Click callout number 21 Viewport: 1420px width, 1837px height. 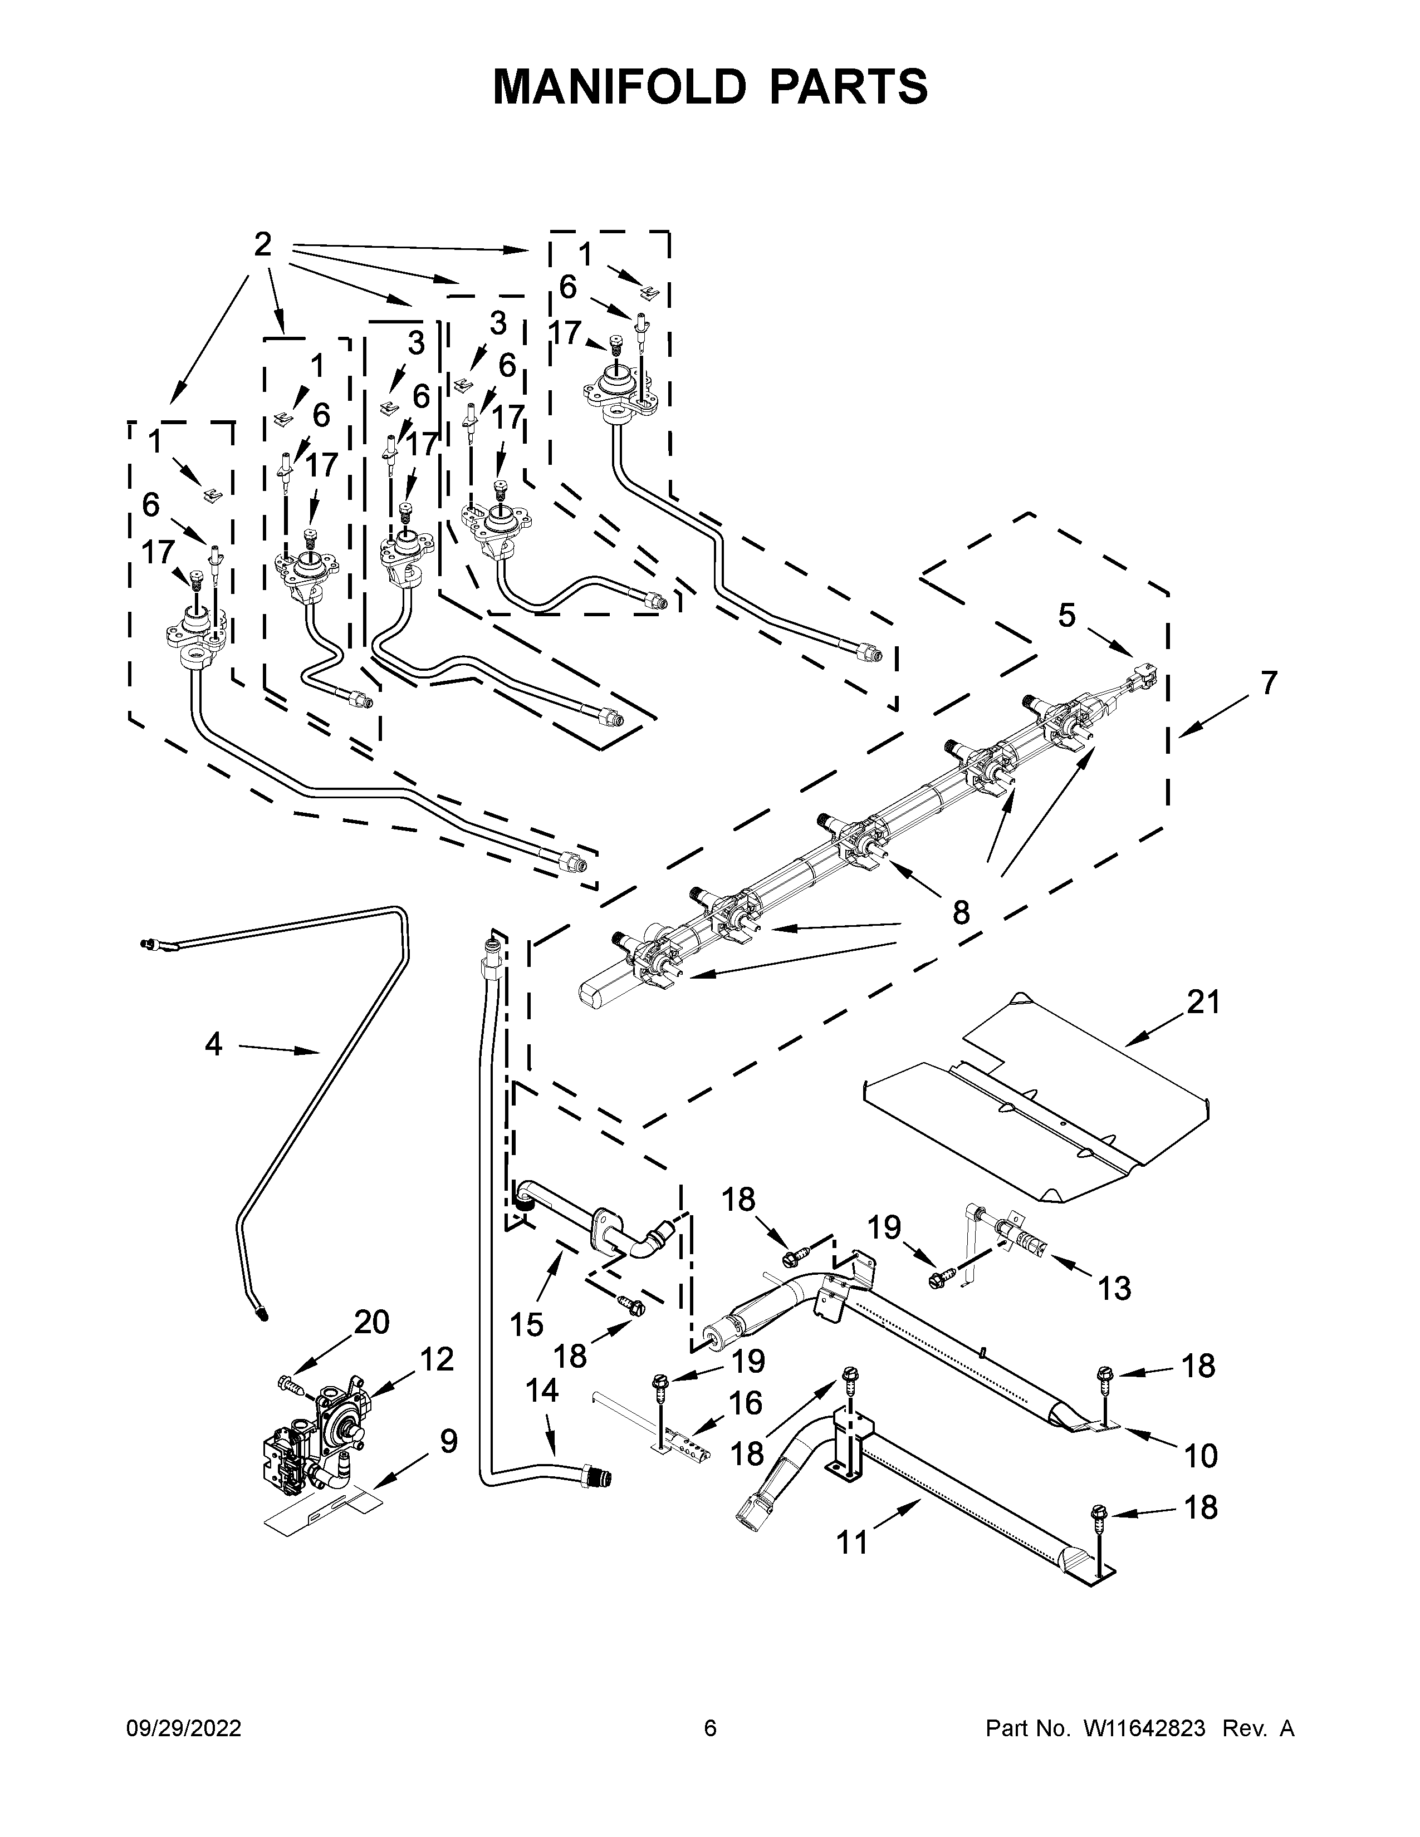click(1202, 1002)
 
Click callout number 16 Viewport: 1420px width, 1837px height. click(745, 1402)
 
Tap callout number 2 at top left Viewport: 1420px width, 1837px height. click(262, 245)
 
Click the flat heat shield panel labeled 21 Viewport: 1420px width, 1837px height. click(1043, 1102)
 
